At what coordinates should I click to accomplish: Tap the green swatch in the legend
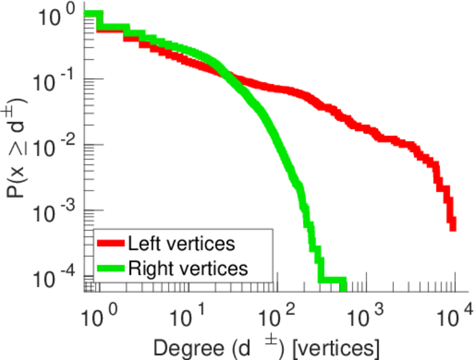tap(110, 268)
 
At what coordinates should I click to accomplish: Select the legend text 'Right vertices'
tap(187, 268)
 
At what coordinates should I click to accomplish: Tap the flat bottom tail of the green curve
tap(333, 281)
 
